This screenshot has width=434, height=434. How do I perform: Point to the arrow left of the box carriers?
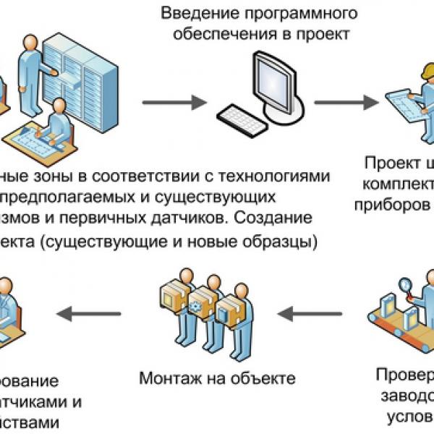point(90,313)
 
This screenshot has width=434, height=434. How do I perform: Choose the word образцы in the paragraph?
point(284,239)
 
